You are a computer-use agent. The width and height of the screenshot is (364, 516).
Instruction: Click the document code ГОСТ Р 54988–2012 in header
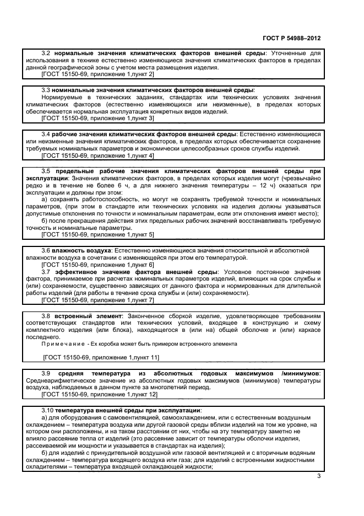[x=290, y=39]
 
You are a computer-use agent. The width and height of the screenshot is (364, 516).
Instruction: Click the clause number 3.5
[x=46, y=171]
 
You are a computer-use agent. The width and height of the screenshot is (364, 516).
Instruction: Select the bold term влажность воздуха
[x=82, y=250]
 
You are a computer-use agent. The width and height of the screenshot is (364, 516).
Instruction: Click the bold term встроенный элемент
[x=85, y=316]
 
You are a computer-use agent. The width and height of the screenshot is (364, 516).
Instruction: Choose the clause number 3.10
[x=47, y=410]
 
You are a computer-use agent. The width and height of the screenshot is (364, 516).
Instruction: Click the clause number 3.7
[x=46, y=272]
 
